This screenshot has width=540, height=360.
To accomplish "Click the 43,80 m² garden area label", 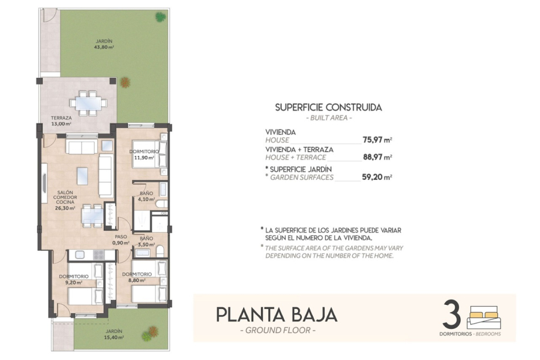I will pos(104,44).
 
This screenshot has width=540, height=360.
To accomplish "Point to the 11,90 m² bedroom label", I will pos(144,155).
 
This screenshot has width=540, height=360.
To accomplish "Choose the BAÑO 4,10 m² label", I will pos(146,196).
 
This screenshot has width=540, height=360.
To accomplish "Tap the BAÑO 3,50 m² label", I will pos(146,241).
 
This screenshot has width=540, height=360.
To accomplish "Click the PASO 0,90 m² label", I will pos(121,239).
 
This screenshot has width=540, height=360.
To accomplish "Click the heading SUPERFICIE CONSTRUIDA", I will pos(328,108).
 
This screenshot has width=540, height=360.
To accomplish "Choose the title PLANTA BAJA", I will pos(277,314).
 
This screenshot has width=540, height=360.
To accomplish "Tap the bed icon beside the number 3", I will pos(484,316).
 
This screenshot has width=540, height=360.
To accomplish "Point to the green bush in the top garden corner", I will pos(160,17).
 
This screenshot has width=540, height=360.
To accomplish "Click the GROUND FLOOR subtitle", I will pos(277,330).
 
